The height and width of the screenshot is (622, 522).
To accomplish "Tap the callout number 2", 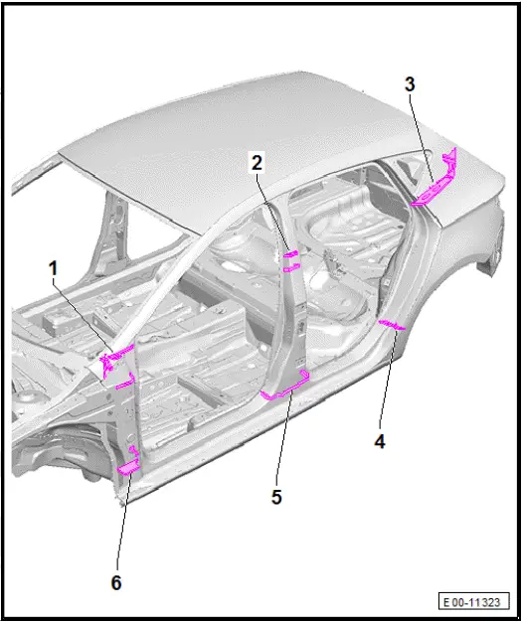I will point(257,162).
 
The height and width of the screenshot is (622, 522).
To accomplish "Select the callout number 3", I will point(409,84).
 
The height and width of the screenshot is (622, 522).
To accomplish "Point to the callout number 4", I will point(379,440).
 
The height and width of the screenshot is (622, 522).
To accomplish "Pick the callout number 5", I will point(276,496).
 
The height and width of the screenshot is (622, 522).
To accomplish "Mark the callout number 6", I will point(116,582).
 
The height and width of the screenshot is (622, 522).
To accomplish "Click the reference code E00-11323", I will point(475,602).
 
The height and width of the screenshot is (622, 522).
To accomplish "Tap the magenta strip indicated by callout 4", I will point(394,325).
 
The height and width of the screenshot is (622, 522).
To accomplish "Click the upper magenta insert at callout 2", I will point(291,255).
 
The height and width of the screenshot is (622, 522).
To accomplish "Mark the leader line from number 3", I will point(423,134).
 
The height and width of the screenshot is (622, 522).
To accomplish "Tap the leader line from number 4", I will point(388,383).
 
